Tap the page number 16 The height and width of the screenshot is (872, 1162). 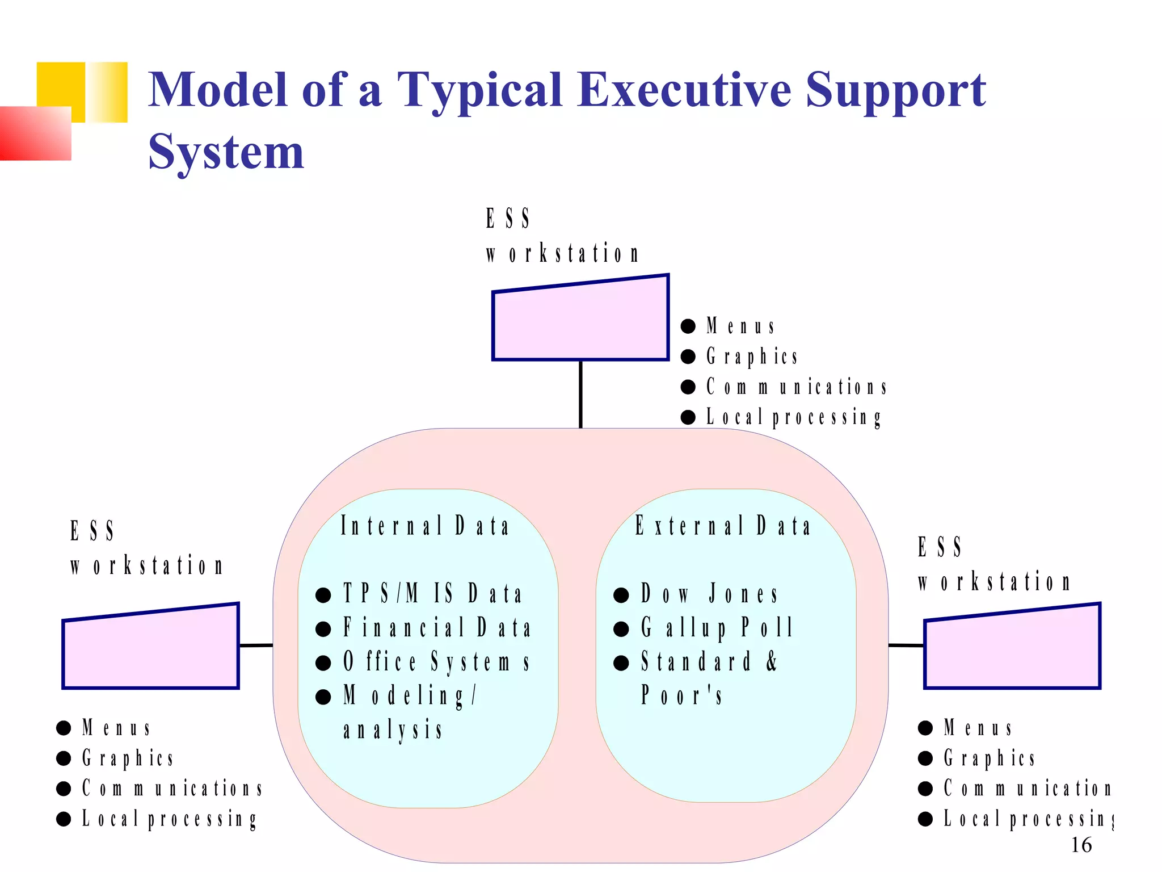1081,845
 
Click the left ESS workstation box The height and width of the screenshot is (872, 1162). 150,650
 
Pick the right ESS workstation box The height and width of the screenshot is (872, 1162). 1012,650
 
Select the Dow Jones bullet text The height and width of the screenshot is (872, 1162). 709,594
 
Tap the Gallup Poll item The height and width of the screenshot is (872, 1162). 717,628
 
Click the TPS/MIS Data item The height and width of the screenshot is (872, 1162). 432,594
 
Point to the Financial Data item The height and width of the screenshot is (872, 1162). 437,628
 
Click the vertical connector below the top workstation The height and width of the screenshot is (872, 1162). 580,394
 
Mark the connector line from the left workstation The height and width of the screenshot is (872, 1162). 256,645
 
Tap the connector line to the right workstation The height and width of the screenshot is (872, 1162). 906,645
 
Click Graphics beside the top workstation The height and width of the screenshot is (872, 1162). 752,357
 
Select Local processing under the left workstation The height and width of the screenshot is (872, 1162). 169,819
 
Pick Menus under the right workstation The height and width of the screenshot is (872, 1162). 978,728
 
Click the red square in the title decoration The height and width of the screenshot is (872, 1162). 35,133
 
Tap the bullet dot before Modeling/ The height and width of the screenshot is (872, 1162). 323,697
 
